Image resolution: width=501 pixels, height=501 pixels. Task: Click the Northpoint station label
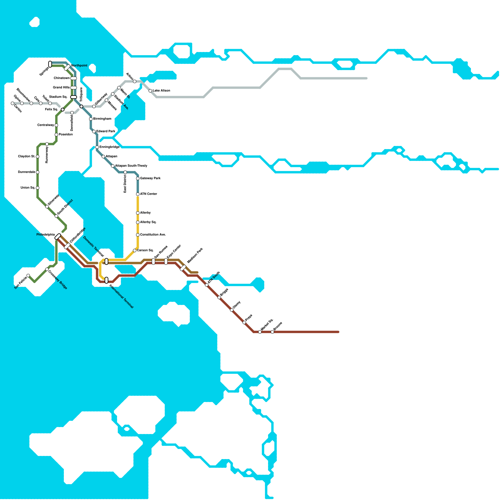79,66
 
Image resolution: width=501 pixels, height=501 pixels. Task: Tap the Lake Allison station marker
150,91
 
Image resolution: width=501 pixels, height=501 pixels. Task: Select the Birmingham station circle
91,119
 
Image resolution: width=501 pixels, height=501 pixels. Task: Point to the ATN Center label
148,194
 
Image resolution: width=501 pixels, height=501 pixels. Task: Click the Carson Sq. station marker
135,250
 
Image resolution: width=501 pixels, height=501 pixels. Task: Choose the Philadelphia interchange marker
58,237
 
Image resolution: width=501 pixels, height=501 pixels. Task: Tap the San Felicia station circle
28,276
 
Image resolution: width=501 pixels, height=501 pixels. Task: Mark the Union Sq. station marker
38,188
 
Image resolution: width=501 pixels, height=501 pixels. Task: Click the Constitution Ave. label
153,235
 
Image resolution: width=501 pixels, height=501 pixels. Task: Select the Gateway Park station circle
138,178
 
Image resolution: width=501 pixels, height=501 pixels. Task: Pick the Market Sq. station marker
260,332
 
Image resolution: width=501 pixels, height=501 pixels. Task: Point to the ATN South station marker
207,285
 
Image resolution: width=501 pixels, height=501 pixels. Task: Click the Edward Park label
106,132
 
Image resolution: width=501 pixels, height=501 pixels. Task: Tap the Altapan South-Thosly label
131,166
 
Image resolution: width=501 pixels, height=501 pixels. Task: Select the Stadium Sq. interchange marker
74,97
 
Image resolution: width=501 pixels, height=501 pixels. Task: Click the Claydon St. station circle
38,157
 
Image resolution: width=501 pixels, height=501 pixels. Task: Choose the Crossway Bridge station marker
47,269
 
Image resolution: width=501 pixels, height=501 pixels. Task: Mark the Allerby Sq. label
148,222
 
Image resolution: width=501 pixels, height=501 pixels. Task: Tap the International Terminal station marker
106,280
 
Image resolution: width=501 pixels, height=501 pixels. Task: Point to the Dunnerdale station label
26,172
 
